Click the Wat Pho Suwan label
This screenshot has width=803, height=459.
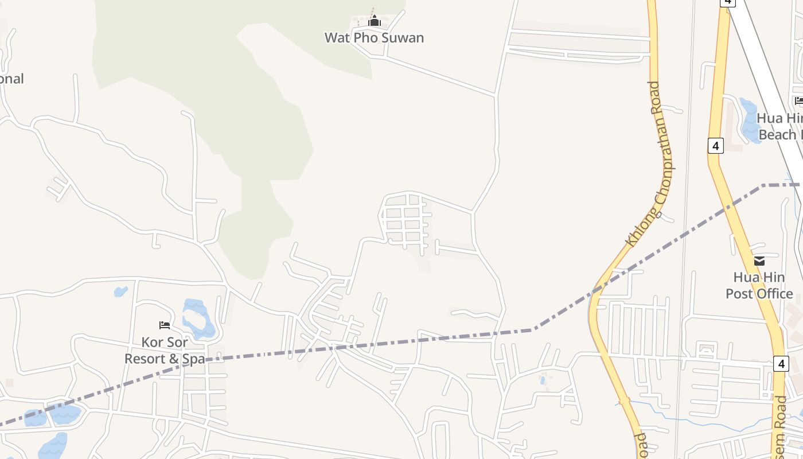point(374,38)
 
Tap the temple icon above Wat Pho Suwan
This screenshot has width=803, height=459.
point(375,22)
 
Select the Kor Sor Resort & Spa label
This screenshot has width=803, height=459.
point(165,351)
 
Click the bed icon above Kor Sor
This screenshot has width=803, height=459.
point(165,325)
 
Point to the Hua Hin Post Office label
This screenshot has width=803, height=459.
point(759,286)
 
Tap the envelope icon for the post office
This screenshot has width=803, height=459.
point(759,261)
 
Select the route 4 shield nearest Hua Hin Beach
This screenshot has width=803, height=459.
point(715,146)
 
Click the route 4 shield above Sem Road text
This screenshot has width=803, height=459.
point(781,363)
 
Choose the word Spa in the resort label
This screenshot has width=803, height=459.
point(193,359)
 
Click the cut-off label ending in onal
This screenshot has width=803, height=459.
point(11,79)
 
